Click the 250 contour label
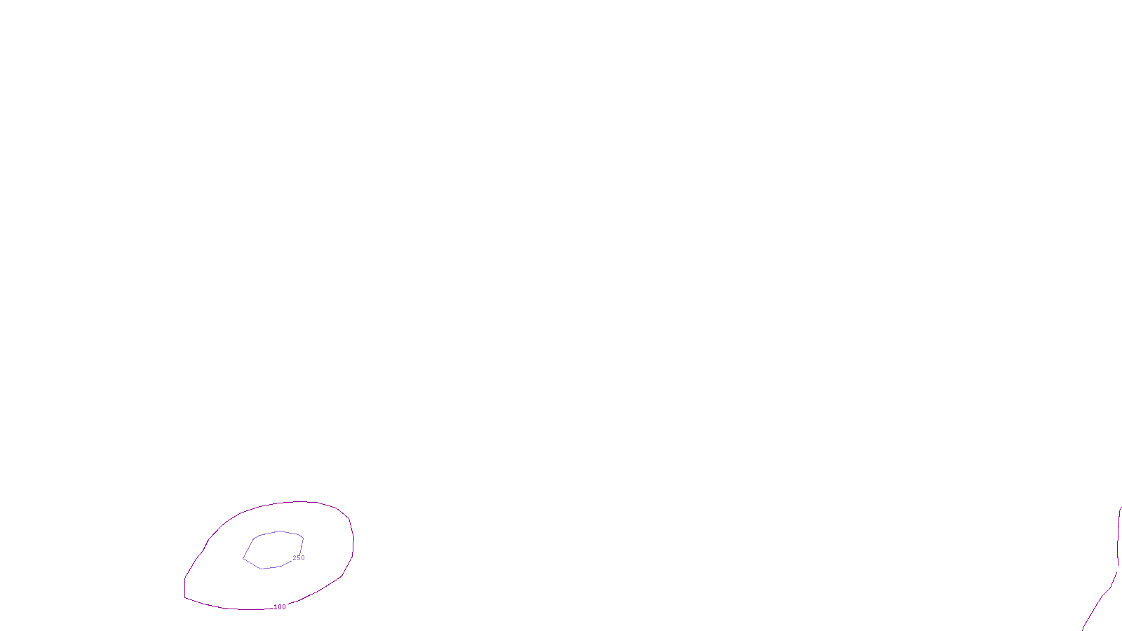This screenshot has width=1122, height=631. pos(299,558)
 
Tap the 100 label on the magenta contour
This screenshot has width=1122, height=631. pos(280,607)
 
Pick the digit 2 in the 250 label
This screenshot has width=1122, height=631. pos(295,558)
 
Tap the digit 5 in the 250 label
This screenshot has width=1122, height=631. pos(299,558)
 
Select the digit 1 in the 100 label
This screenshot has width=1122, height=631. pos(276,607)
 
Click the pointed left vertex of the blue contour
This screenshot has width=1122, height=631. pos(243,559)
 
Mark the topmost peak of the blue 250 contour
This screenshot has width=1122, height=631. pos(280,531)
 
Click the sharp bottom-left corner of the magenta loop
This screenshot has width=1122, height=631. pos(185,597)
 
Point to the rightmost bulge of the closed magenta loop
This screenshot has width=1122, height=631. pos(353,540)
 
